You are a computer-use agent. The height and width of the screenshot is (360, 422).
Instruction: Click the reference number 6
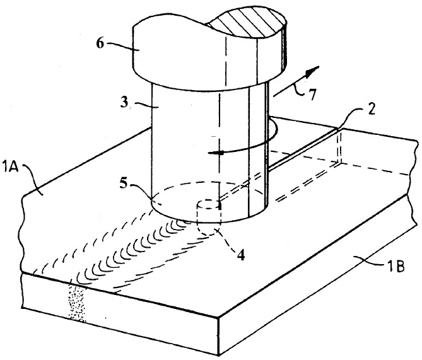100,44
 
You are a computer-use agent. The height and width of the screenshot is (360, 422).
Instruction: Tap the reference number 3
124,102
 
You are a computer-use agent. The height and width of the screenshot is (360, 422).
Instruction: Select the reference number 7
312,95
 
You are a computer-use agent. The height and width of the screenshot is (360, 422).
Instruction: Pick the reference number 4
241,255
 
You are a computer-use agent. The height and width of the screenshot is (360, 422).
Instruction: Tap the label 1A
10,166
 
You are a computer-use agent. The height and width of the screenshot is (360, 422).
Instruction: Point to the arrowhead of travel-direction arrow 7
313,71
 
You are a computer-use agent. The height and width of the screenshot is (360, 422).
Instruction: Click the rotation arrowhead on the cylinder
216,153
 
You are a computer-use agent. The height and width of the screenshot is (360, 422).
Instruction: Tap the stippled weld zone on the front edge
77,303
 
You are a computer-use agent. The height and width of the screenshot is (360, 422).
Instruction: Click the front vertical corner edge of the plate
218,336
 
